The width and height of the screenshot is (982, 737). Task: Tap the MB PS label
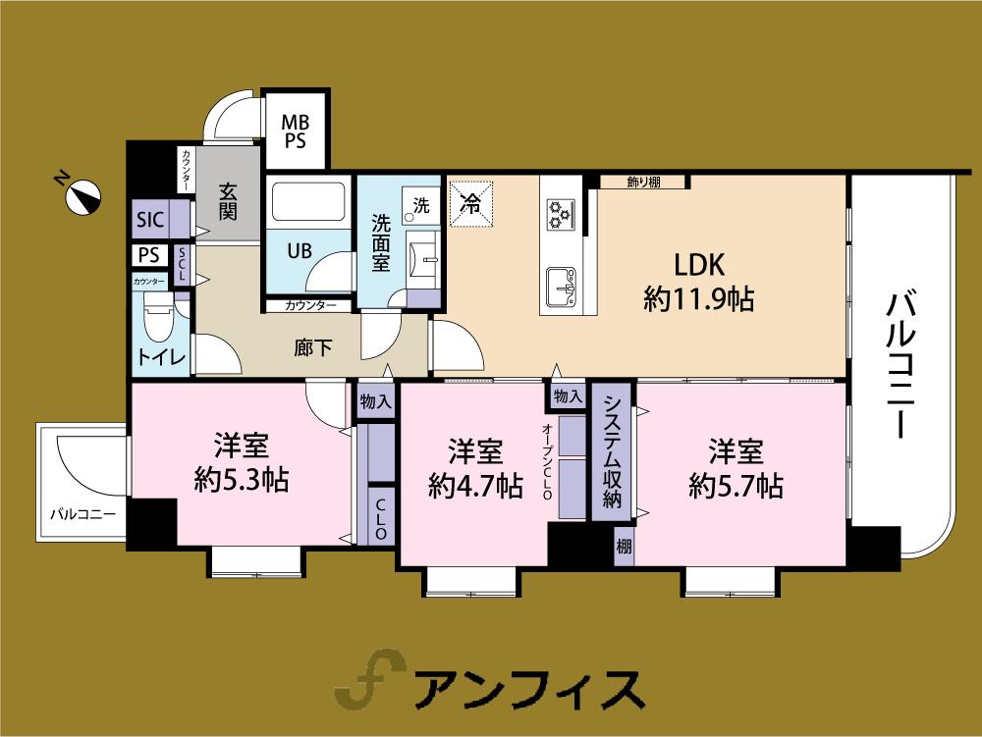pos(295,132)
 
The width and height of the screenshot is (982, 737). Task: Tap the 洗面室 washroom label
pos(382,243)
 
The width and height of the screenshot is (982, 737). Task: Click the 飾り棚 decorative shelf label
pos(643,182)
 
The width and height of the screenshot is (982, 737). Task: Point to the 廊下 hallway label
pos(311,347)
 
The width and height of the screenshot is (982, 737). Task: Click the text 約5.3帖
pos(242,481)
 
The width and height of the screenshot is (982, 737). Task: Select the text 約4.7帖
pos(475,486)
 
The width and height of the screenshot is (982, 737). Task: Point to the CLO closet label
pos(381,520)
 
